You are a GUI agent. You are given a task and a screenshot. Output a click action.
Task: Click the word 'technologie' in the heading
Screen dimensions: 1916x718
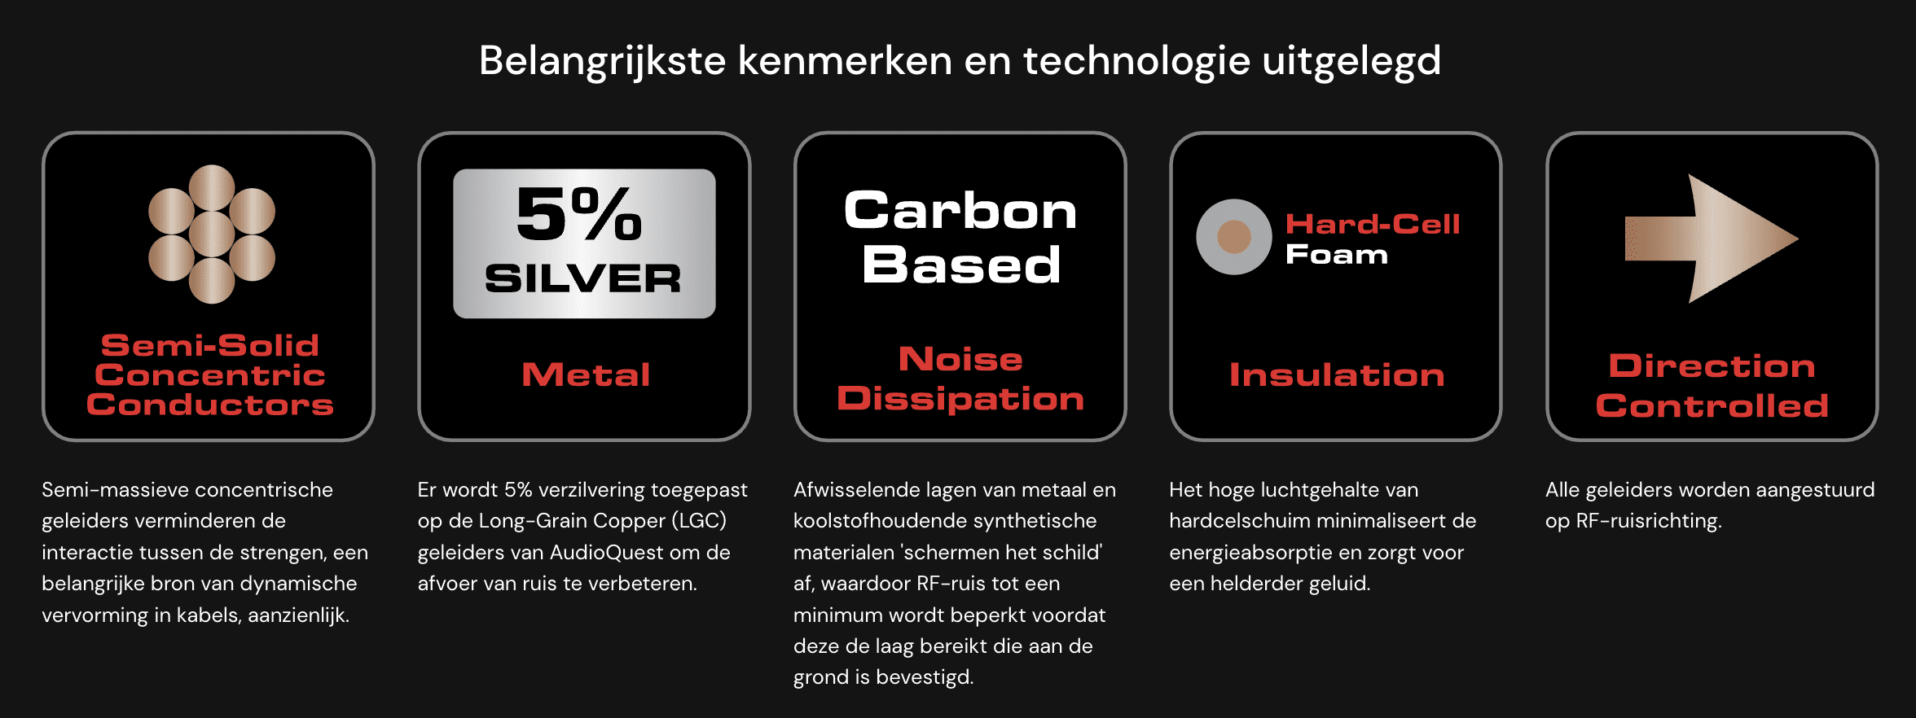click(x=1136, y=62)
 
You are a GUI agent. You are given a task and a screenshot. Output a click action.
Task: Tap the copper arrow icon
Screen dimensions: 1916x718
click(x=1711, y=239)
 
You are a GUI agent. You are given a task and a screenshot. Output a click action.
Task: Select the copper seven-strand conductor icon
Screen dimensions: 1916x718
click(x=212, y=234)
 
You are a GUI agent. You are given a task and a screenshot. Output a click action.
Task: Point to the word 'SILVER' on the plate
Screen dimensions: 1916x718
click(x=583, y=279)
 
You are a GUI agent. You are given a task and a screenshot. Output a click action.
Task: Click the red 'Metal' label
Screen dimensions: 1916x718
click(x=586, y=374)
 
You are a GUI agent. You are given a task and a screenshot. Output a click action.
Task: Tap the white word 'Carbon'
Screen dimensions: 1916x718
click(x=960, y=211)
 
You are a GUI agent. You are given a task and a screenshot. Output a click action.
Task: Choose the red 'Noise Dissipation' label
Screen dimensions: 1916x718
click(x=960, y=379)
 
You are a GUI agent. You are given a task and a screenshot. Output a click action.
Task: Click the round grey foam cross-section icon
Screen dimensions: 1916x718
click(x=1233, y=237)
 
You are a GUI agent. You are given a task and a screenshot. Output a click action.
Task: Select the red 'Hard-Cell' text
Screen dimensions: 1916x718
click(x=1373, y=224)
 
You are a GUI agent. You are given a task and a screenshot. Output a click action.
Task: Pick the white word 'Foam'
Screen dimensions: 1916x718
click(x=1337, y=255)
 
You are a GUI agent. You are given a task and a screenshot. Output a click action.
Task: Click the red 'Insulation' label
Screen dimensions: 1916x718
click(x=1337, y=374)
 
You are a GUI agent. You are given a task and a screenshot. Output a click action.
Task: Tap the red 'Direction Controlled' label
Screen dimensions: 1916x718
click(x=1712, y=386)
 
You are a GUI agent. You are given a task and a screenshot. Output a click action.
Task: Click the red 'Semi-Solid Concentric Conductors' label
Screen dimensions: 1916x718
click(x=210, y=374)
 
